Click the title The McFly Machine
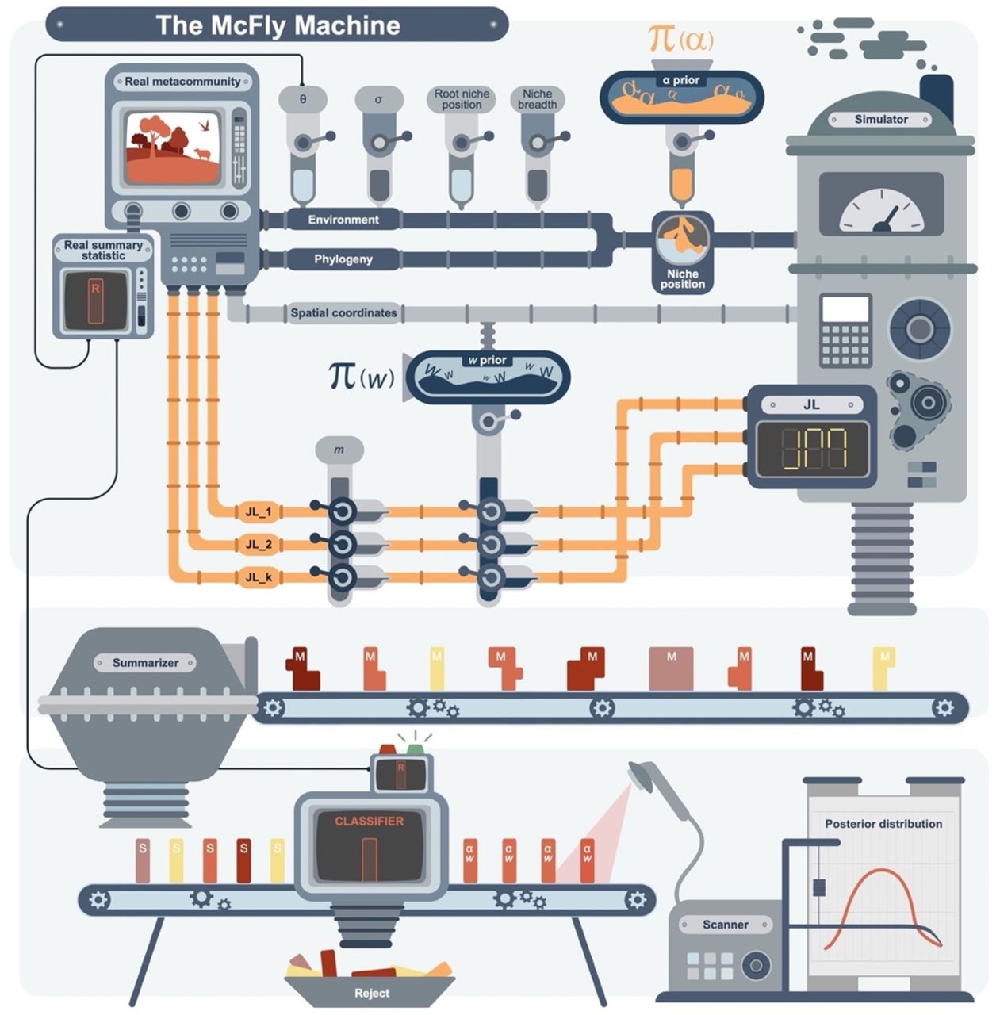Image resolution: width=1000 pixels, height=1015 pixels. pyautogui.click(x=277, y=25)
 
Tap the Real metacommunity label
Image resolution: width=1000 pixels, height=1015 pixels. pyautogui.click(x=182, y=81)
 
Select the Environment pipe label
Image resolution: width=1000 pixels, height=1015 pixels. pyautogui.click(x=343, y=220)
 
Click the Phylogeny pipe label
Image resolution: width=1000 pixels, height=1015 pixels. pyautogui.click(x=343, y=259)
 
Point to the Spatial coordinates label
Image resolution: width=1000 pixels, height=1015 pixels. pyautogui.click(x=343, y=313)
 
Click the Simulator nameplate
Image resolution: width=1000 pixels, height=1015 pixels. pyautogui.click(x=880, y=119)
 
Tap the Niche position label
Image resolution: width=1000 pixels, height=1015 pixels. pyautogui.click(x=682, y=279)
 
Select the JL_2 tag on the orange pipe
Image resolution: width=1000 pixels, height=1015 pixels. pyautogui.click(x=259, y=544)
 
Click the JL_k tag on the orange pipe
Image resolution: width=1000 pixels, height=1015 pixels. pyautogui.click(x=259, y=577)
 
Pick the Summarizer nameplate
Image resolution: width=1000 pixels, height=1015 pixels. pyautogui.click(x=145, y=662)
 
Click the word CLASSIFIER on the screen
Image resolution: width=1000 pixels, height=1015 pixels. pyautogui.click(x=369, y=822)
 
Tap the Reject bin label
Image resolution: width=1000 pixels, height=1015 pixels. pyautogui.click(x=372, y=993)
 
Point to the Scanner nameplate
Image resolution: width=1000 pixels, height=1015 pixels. pyautogui.click(x=725, y=925)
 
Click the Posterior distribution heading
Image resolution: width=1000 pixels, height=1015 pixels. pyautogui.click(x=883, y=824)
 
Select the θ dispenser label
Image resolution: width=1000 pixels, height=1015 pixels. pyautogui.click(x=302, y=100)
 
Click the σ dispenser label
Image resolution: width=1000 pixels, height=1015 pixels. pyautogui.click(x=378, y=100)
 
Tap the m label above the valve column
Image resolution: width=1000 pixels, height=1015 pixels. pyautogui.click(x=339, y=450)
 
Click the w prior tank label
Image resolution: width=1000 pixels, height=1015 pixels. pyautogui.click(x=487, y=360)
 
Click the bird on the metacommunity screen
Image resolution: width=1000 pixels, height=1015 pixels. pyautogui.click(x=205, y=125)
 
